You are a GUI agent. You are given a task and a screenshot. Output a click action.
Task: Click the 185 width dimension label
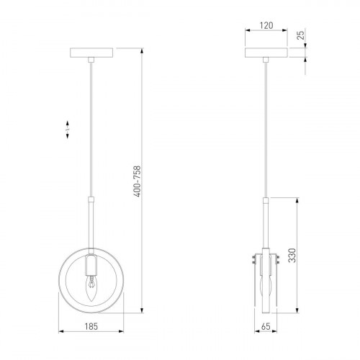tap(91, 326)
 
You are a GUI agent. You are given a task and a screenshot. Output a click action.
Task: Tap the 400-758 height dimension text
tap(137, 181)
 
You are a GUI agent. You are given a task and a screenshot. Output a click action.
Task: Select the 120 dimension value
tap(266, 25)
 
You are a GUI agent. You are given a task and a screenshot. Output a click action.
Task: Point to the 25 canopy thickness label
tap(300, 35)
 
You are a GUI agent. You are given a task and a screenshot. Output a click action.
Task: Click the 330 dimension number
tap(292, 256)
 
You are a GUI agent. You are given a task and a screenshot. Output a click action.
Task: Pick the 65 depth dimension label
tap(266, 326)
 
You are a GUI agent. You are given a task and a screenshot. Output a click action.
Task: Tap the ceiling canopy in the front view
tap(91, 53)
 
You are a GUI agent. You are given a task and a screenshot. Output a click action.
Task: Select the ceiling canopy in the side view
tap(266, 53)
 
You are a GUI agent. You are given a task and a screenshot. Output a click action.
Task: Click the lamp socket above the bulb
tap(91, 265)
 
